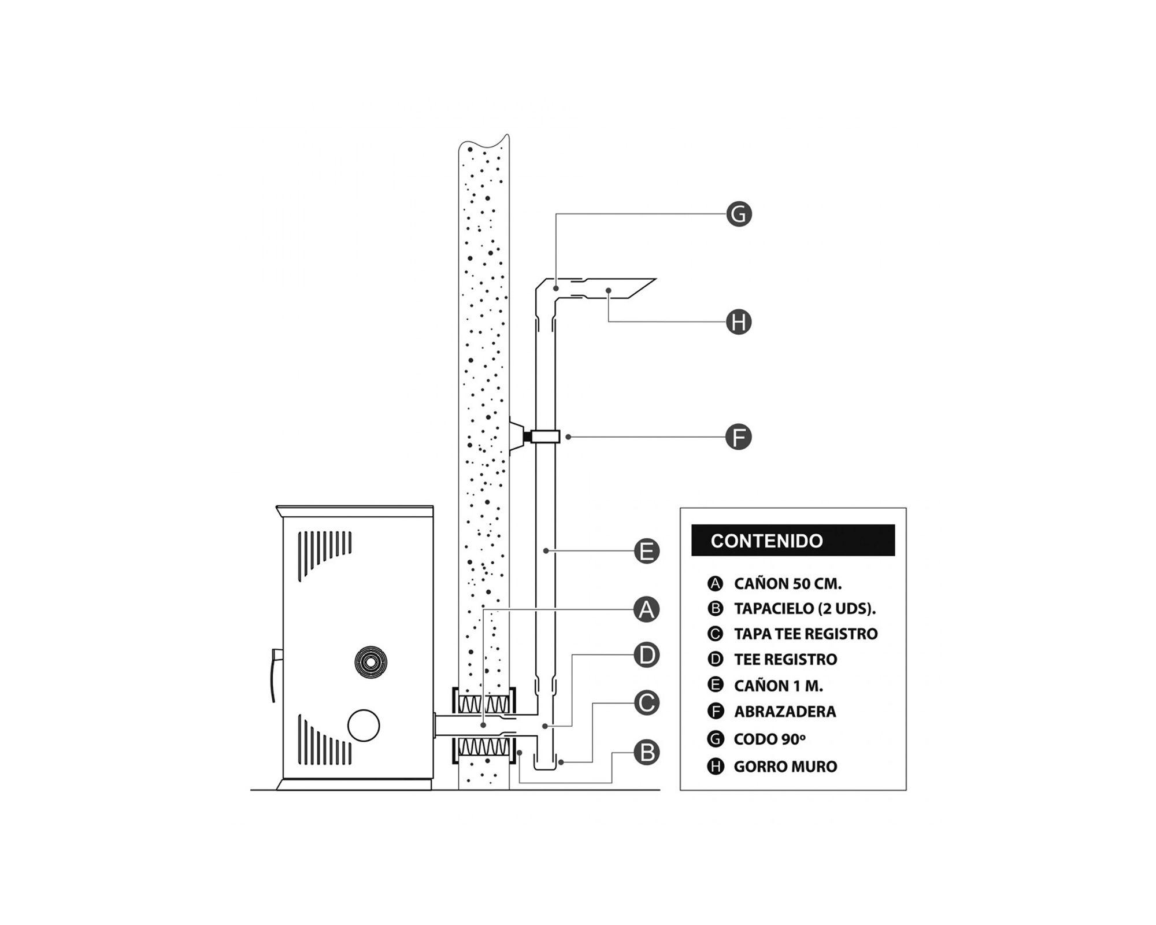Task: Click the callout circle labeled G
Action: click(x=739, y=214)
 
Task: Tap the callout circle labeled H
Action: click(x=739, y=322)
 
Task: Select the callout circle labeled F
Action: click(x=739, y=437)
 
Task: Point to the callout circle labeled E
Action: click(x=647, y=551)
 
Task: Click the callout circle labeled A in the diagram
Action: click(x=647, y=609)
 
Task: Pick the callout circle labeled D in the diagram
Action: click(x=647, y=655)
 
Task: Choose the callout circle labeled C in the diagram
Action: click(x=647, y=703)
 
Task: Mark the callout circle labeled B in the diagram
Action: click(x=647, y=753)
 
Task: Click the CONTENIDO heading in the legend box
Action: click(x=766, y=541)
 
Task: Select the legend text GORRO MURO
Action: click(x=785, y=767)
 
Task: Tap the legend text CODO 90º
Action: click(x=769, y=739)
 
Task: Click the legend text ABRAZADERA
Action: click(x=784, y=711)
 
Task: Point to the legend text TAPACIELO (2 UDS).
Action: click(x=805, y=609)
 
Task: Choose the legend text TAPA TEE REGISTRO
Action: click(x=805, y=634)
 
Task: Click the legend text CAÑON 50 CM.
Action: click(x=787, y=583)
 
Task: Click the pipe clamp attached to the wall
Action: click(x=544, y=436)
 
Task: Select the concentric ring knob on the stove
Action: click(x=370, y=662)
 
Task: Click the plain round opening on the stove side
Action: click(x=364, y=725)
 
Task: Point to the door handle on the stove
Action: click(x=274, y=674)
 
